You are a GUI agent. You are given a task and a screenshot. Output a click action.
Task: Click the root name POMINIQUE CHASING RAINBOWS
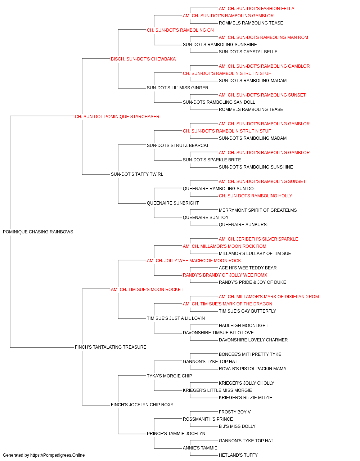(38, 232)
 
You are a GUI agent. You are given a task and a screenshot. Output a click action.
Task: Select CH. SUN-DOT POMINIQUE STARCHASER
(117, 117)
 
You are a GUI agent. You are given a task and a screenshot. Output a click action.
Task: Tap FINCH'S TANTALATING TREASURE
(111, 347)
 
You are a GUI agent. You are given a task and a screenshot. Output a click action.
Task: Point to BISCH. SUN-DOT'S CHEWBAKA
(143, 59)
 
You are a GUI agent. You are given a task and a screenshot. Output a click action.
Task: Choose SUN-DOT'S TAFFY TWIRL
(137, 174)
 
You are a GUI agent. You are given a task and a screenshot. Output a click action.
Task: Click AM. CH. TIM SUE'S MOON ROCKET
(147, 289)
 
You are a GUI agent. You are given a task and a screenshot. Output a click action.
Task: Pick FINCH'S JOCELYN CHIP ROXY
(142, 404)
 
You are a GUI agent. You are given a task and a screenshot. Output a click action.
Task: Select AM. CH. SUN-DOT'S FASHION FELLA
(257, 9)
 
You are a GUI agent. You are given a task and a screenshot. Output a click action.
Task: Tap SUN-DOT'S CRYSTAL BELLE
(248, 52)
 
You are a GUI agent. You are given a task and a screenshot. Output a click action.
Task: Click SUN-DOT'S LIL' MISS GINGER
(177, 88)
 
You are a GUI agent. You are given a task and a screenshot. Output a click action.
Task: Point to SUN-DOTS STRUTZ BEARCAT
(178, 145)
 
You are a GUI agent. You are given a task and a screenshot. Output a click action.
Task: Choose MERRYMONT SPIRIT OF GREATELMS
(258, 210)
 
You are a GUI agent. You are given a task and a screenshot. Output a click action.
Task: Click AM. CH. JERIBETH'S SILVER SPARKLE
(258, 239)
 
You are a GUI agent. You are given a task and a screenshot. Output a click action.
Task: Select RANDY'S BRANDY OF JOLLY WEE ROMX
(225, 275)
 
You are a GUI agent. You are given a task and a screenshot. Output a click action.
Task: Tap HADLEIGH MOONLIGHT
(244, 326)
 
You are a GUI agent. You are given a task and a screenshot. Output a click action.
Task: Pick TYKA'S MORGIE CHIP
(170, 376)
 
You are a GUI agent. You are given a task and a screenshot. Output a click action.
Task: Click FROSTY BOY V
(235, 412)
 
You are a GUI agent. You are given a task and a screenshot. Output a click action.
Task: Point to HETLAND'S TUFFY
(238, 455)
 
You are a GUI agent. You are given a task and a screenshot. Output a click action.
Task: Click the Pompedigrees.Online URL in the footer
(58, 455)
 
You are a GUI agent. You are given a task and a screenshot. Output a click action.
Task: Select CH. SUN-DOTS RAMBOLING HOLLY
(256, 196)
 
